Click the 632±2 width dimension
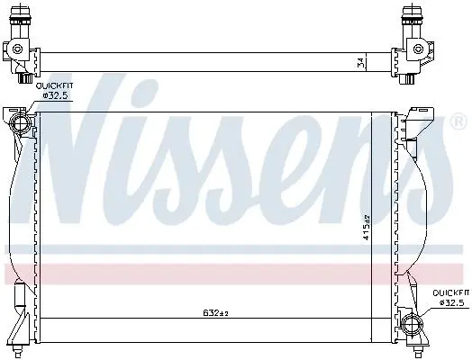[x=215, y=313]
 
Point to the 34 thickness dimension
[x=361, y=63]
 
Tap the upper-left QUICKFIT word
[x=54, y=86]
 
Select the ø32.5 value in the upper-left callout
[x=56, y=96]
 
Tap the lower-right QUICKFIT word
[x=451, y=292]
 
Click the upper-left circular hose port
[x=20, y=122]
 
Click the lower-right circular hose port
[x=412, y=324]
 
